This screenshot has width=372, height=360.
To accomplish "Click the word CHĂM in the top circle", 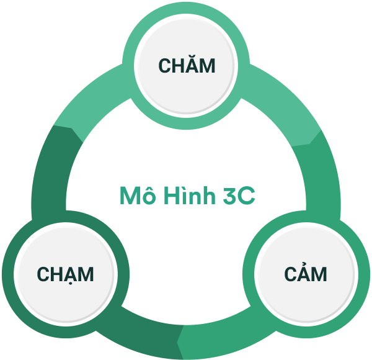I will pyautogui.click(x=187, y=65).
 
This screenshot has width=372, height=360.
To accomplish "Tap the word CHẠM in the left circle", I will pyautogui.click(x=65, y=274).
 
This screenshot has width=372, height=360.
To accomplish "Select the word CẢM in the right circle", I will pyautogui.click(x=306, y=274).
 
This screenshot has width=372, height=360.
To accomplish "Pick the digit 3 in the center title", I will pyautogui.click(x=229, y=196).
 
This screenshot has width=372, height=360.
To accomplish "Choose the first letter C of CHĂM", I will pyautogui.click(x=164, y=66).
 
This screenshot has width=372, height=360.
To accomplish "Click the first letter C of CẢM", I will pyautogui.click(x=291, y=274).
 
